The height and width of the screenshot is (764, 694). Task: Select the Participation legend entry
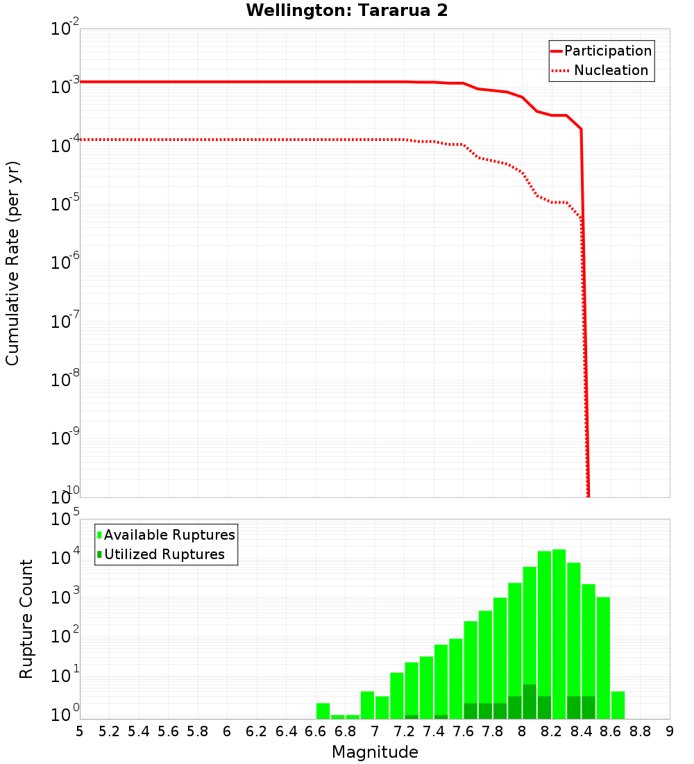pyautogui.click(x=601, y=51)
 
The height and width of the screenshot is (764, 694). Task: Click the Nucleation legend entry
pyautogui.click(x=601, y=71)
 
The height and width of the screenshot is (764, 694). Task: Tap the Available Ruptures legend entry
pyautogui.click(x=167, y=535)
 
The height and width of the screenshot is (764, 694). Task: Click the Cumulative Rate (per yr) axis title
pyautogui.click(x=12, y=263)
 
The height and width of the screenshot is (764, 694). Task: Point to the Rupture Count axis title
pyautogui.click(x=26, y=619)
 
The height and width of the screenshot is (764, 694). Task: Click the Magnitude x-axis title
pyautogui.click(x=375, y=752)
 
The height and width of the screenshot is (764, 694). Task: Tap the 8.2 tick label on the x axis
pyautogui.click(x=552, y=731)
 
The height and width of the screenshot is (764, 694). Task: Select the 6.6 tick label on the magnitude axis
pyautogui.click(x=316, y=731)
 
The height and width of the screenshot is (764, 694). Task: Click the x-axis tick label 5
pyautogui.click(x=80, y=731)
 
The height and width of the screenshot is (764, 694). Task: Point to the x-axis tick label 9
pyautogui.click(x=670, y=731)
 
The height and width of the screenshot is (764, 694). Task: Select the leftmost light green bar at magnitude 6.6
pyautogui.click(x=323, y=711)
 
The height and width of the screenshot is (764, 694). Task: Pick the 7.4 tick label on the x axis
pyautogui.click(x=434, y=731)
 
